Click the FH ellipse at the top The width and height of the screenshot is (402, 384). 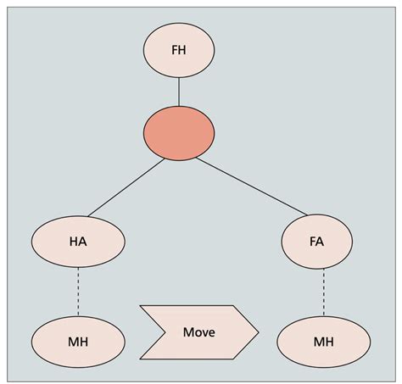click(x=178, y=51)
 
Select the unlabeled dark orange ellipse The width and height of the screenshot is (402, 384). click(x=178, y=133)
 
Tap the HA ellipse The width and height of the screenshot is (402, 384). click(x=78, y=242)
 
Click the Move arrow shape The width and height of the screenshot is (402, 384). click(x=198, y=331)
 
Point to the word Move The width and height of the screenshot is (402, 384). click(x=198, y=331)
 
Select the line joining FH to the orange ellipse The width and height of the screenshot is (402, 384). click(x=178, y=92)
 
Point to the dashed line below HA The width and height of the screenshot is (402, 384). click(x=78, y=292)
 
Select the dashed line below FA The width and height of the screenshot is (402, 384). click(x=323, y=292)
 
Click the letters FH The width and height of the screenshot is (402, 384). click(x=178, y=51)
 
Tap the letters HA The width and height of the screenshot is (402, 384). click(x=78, y=242)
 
